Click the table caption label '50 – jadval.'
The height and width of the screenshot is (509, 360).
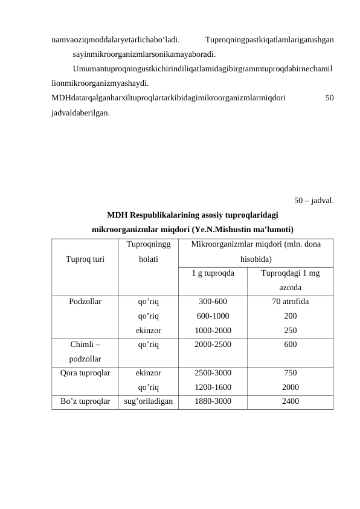pos(314,199)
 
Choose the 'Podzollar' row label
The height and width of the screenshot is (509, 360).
pos(85,300)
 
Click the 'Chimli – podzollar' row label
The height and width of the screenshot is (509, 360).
pos(85,352)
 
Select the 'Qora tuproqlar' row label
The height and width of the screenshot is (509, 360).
pos(85,374)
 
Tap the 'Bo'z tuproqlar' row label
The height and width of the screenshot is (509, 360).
pos(85,401)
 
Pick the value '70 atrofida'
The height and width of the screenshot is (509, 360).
pos(290,300)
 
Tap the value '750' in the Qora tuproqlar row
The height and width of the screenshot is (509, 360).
pos(290,374)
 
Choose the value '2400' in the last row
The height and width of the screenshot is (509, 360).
pos(290,401)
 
